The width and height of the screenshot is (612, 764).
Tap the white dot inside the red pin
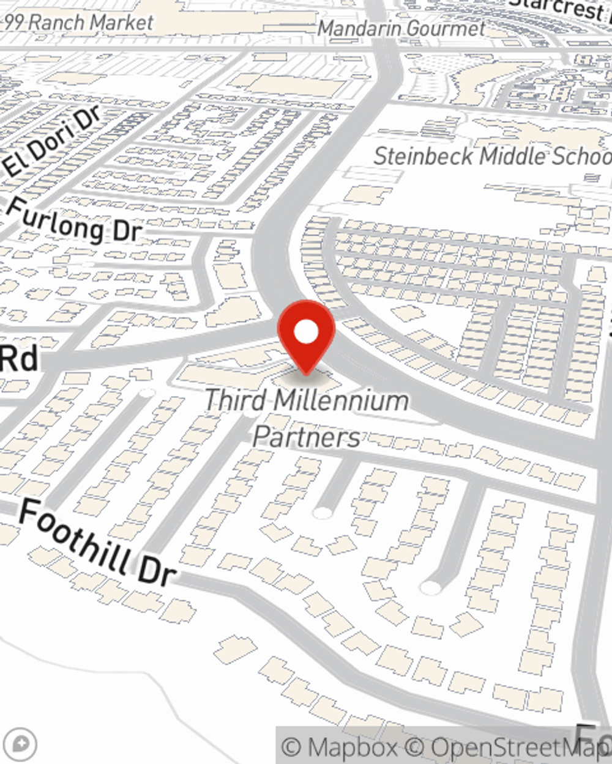coord(307,332)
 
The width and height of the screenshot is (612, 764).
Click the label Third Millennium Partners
coord(306,419)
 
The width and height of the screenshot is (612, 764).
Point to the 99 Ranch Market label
coord(78,23)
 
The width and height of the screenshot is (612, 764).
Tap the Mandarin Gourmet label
coord(401,28)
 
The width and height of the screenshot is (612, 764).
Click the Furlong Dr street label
coord(73,221)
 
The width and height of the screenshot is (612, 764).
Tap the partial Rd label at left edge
coord(18,359)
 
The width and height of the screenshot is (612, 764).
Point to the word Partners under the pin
coord(306,438)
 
